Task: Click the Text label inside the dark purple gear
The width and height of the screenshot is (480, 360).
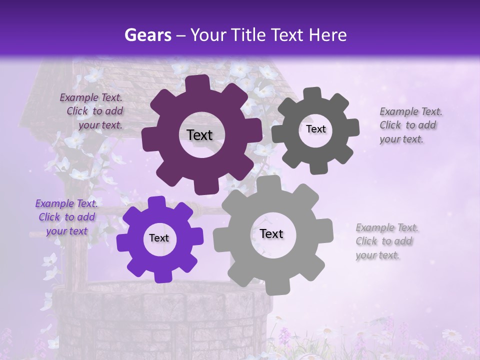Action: pyautogui.click(x=199, y=135)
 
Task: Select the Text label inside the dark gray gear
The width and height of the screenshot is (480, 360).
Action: pyautogui.click(x=315, y=129)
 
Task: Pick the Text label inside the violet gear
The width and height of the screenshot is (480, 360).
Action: pyautogui.click(x=159, y=238)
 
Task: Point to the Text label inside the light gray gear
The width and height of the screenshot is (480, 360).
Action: pyautogui.click(x=271, y=233)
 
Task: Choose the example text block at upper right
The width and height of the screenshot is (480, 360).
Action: pyautogui.click(x=408, y=125)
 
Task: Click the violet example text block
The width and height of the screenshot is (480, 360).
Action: pyautogui.click(x=66, y=217)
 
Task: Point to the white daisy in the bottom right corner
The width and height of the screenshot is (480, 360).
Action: pyautogui.click(x=451, y=335)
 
